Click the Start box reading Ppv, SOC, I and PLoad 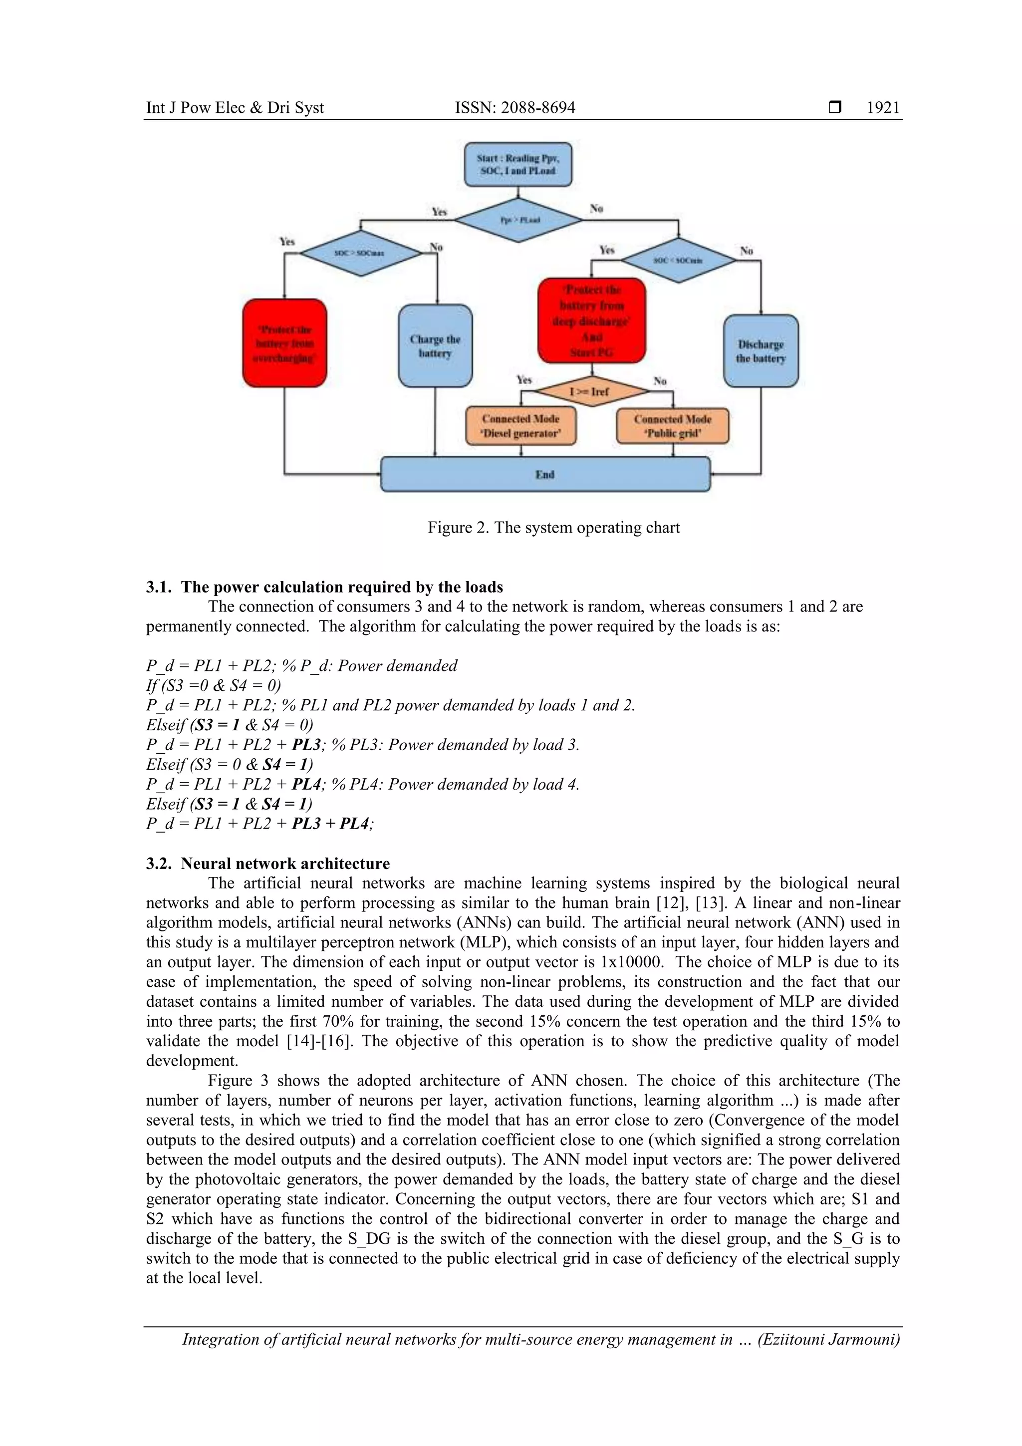point(517,164)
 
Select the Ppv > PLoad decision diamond point(519,220)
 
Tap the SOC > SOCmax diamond point(360,253)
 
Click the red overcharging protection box point(284,344)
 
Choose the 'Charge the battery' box point(435,346)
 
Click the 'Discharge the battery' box point(761,351)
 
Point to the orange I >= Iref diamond point(589,392)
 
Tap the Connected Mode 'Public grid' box point(673,426)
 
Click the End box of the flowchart point(545,474)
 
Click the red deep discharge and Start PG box point(591,320)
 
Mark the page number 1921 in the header point(883,108)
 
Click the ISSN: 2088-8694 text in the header point(514,108)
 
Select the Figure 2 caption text point(553,527)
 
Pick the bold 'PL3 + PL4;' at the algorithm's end point(332,824)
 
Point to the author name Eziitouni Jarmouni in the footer point(829,1340)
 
